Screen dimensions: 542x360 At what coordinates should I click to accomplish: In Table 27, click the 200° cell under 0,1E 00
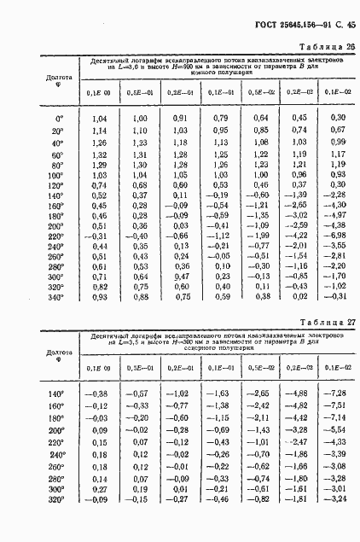98,429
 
